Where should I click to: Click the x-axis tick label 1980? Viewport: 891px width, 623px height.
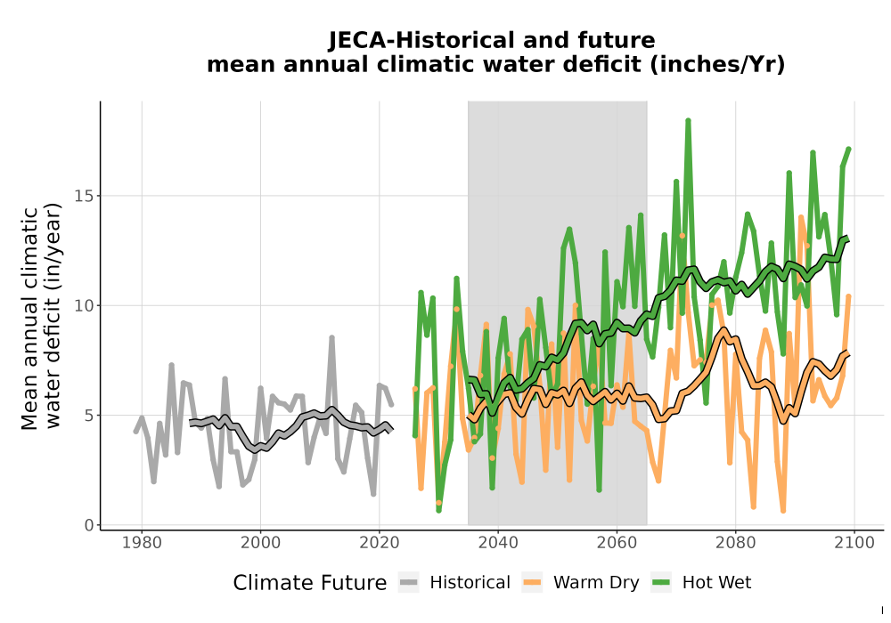point(142,542)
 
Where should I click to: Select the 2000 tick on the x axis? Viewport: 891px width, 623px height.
point(260,542)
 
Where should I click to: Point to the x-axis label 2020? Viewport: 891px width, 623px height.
point(379,542)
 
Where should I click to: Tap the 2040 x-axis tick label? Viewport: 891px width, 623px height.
point(498,542)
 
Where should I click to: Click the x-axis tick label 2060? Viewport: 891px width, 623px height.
point(617,542)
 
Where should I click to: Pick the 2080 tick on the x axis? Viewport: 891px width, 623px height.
point(735,542)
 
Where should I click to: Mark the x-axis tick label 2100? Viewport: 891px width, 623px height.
point(854,542)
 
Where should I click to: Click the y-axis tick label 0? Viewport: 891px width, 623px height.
point(88,525)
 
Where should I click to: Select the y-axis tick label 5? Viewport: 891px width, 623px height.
point(88,416)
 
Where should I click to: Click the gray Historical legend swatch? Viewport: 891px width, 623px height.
point(409,582)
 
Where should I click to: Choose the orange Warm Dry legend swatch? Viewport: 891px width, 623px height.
point(533,582)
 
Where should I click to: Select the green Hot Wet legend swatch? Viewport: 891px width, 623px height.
point(661,582)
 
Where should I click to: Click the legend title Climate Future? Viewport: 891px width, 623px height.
point(310,583)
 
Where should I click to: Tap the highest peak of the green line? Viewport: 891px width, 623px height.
point(688,121)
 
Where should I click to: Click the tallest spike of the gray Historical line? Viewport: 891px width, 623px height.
point(331,338)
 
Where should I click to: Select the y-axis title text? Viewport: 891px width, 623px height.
point(41,317)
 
